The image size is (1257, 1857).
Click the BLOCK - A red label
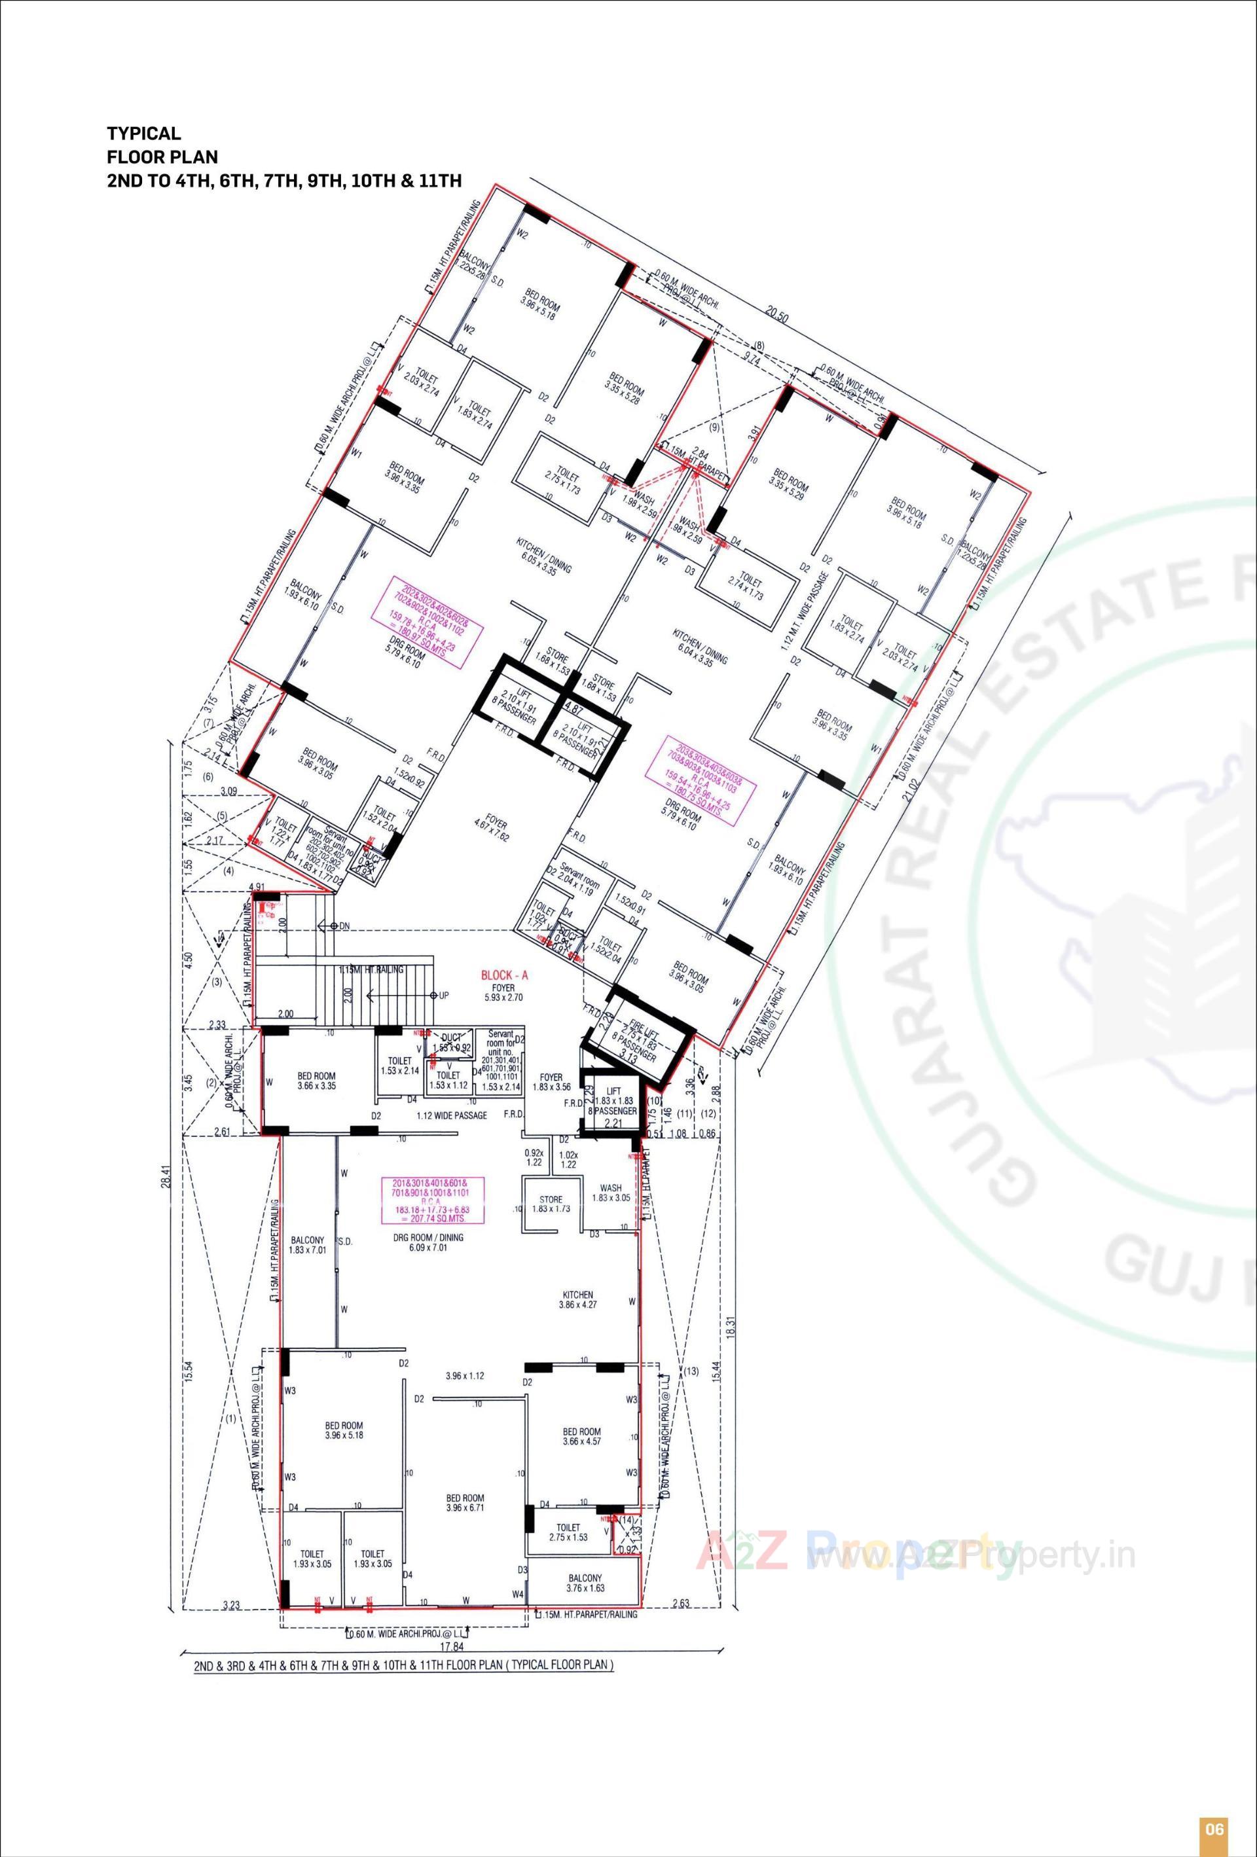click(x=503, y=976)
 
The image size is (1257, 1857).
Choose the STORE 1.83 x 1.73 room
click(x=551, y=1205)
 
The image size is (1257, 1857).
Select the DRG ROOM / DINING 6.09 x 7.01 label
click(x=435, y=1242)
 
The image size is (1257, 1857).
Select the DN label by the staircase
click(x=344, y=926)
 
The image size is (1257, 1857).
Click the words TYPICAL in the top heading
click(x=145, y=134)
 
